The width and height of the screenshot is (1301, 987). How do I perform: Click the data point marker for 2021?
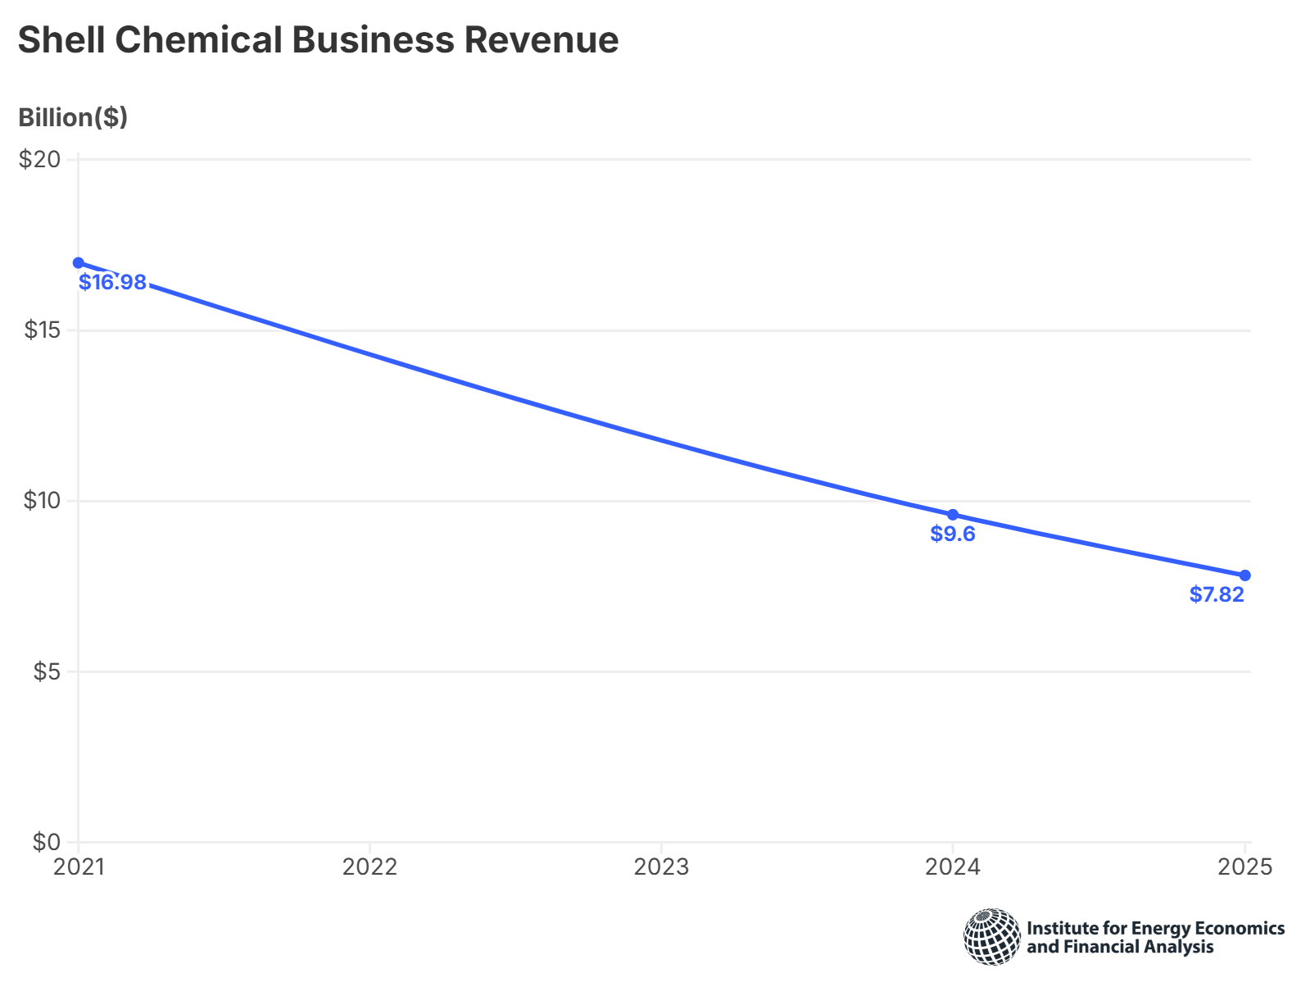pyautogui.click(x=79, y=262)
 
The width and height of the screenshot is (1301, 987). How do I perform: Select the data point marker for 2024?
pyautogui.click(x=953, y=515)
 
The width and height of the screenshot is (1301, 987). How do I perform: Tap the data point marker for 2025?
pyautogui.click(x=1244, y=575)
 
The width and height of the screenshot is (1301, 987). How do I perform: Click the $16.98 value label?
pyautogui.click(x=113, y=283)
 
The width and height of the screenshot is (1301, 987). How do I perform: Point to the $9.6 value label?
pyautogui.click(x=953, y=534)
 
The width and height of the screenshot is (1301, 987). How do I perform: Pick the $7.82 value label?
pyautogui.click(x=1217, y=595)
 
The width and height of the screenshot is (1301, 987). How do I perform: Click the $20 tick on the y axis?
pyautogui.click(x=40, y=159)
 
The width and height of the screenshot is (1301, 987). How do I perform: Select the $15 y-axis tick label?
pyautogui.click(x=40, y=330)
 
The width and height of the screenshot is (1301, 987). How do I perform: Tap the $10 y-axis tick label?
pyautogui.click(x=40, y=501)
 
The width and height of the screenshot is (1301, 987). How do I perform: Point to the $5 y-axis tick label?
pyautogui.click(x=46, y=672)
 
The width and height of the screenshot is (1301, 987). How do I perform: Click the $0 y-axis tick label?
pyautogui.click(x=46, y=842)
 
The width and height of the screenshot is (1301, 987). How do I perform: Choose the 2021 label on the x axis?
pyautogui.click(x=79, y=867)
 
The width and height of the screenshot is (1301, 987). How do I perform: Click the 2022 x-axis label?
pyautogui.click(x=369, y=867)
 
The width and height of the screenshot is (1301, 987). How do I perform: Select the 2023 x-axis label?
pyautogui.click(x=661, y=867)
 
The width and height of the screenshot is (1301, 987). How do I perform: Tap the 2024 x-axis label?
pyautogui.click(x=953, y=867)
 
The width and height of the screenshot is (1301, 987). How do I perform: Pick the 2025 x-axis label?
pyautogui.click(x=1244, y=867)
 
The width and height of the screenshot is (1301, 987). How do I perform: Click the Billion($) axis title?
pyautogui.click(x=73, y=118)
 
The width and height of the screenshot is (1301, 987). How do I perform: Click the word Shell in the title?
pyautogui.click(x=61, y=39)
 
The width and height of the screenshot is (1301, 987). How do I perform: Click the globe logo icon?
pyautogui.click(x=992, y=936)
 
